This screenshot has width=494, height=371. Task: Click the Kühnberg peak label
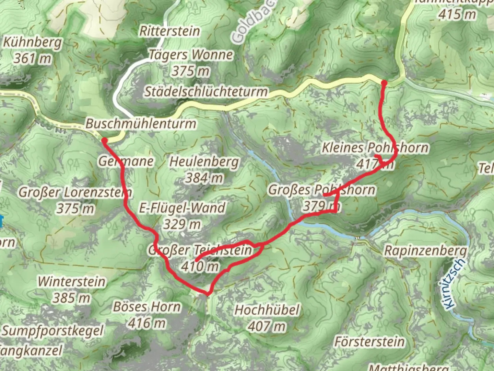point(33,42)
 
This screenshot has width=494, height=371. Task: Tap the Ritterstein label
point(169,31)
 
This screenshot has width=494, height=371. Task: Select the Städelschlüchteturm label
point(206,91)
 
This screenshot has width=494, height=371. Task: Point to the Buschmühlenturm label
point(141,123)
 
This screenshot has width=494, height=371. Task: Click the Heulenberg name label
point(204,161)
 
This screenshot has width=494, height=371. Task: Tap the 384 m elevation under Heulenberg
point(204,178)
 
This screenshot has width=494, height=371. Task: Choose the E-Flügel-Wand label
point(182,208)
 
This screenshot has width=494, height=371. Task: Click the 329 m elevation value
point(181,224)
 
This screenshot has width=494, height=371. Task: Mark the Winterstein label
point(71,281)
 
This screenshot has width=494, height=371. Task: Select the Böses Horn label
point(147,307)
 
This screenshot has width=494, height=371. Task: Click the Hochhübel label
point(267,310)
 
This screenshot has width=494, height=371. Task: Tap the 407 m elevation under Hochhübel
point(266,326)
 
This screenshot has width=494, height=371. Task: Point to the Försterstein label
point(369,342)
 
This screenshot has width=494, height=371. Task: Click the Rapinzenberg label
point(425,250)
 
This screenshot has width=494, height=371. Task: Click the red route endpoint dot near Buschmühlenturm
point(104,140)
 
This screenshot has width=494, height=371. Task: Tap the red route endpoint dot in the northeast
point(384,83)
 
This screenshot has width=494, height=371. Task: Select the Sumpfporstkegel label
point(52,331)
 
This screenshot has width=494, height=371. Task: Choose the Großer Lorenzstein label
point(75,192)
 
